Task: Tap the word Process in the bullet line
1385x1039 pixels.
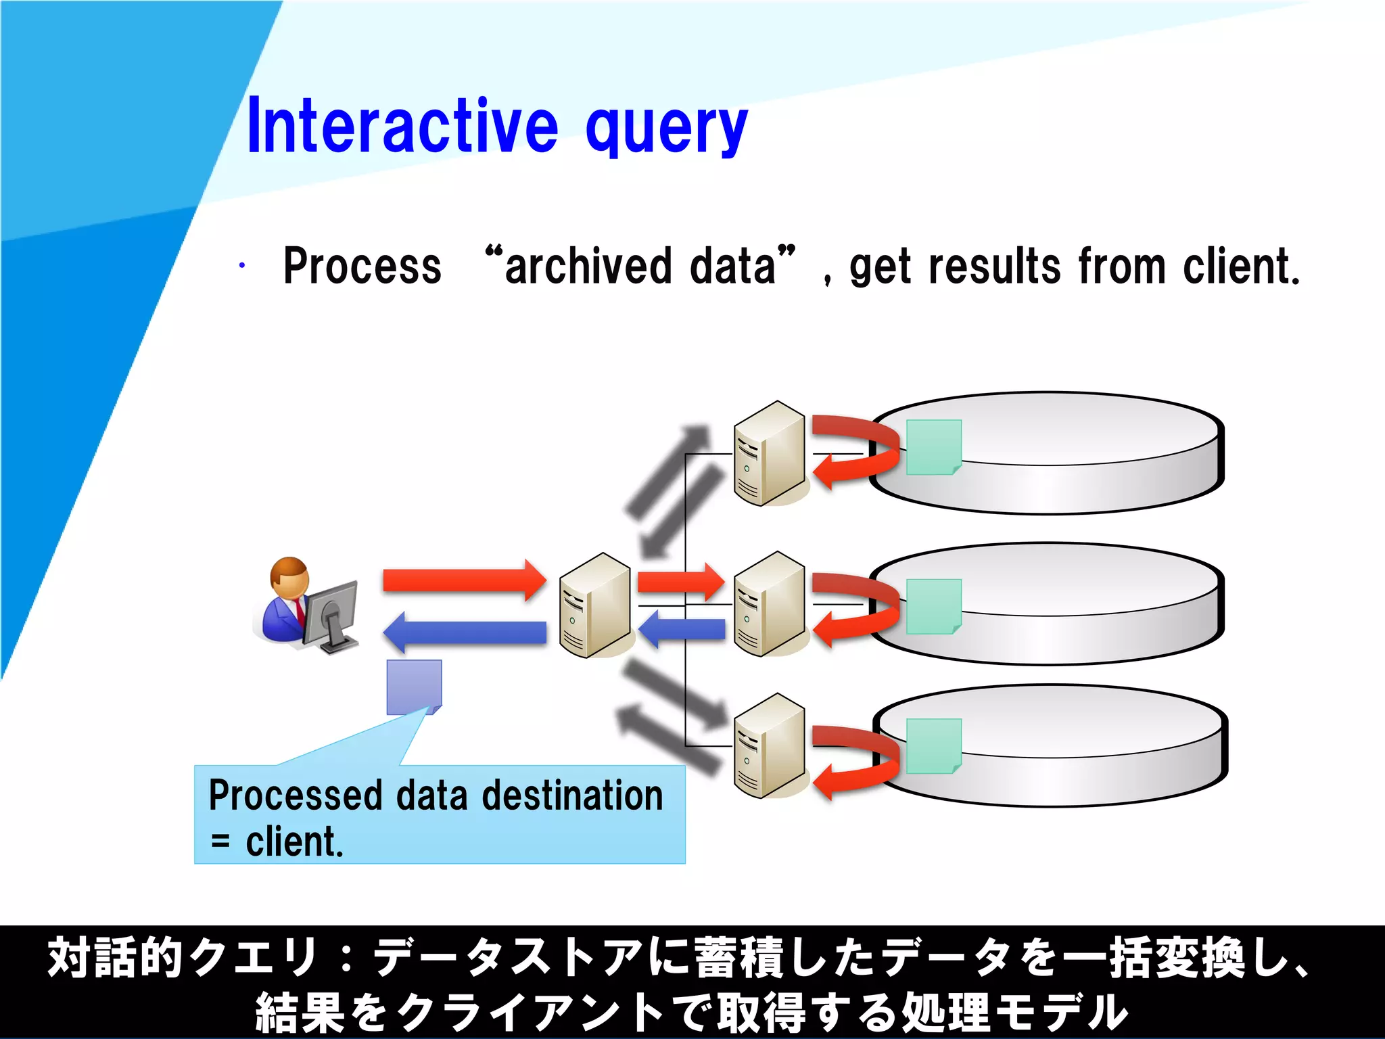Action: [362, 266]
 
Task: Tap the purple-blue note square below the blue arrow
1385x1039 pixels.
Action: [414, 687]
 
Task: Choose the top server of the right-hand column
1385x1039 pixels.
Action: [770, 453]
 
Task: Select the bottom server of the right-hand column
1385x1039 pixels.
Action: [770, 745]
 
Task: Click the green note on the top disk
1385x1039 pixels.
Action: [933, 447]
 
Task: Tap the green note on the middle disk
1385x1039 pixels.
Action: [933, 606]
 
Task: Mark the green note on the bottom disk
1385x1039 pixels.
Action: [933, 745]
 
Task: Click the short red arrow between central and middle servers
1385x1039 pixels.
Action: [680, 581]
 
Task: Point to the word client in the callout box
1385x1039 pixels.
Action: [294, 842]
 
